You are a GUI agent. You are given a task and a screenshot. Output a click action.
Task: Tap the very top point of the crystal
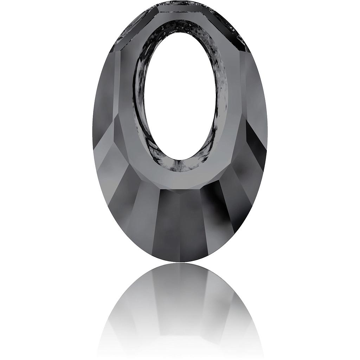tap(180, 2)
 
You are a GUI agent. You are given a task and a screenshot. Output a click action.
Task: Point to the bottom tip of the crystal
tap(180, 262)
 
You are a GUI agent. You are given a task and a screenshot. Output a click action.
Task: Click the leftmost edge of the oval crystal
tap(93, 132)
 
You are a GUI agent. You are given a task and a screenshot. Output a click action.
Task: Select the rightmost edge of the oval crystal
tap(267, 132)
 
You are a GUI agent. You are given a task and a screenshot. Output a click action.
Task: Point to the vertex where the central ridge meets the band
tap(180, 192)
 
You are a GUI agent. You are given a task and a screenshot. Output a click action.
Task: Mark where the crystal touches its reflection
tap(180, 263)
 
